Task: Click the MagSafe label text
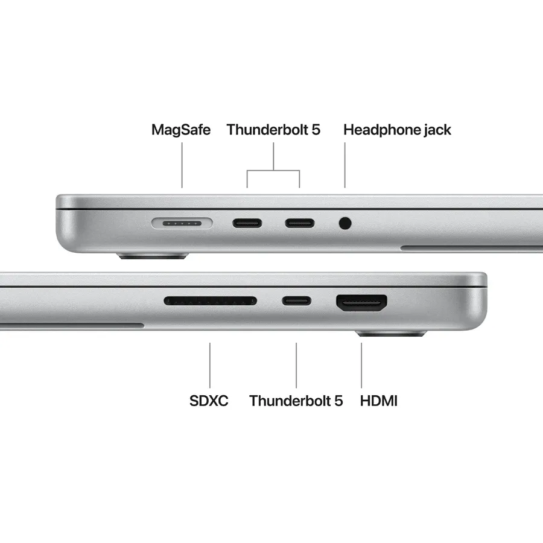tap(180, 129)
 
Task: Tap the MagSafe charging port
tap(182, 223)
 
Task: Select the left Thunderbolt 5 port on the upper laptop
tap(247, 223)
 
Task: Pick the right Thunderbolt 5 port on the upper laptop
tap(299, 223)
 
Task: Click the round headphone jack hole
tap(345, 223)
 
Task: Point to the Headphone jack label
tap(396, 129)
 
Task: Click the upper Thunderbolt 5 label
tap(273, 129)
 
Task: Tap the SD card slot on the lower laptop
tap(210, 300)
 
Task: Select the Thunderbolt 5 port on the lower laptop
tap(296, 300)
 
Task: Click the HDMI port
tap(361, 302)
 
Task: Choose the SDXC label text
tap(209, 401)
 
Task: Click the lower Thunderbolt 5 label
tap(296, 401)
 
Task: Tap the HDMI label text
tap(378, 401)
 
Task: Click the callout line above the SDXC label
tap(210, 365)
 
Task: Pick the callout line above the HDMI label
tap(361, 365)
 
